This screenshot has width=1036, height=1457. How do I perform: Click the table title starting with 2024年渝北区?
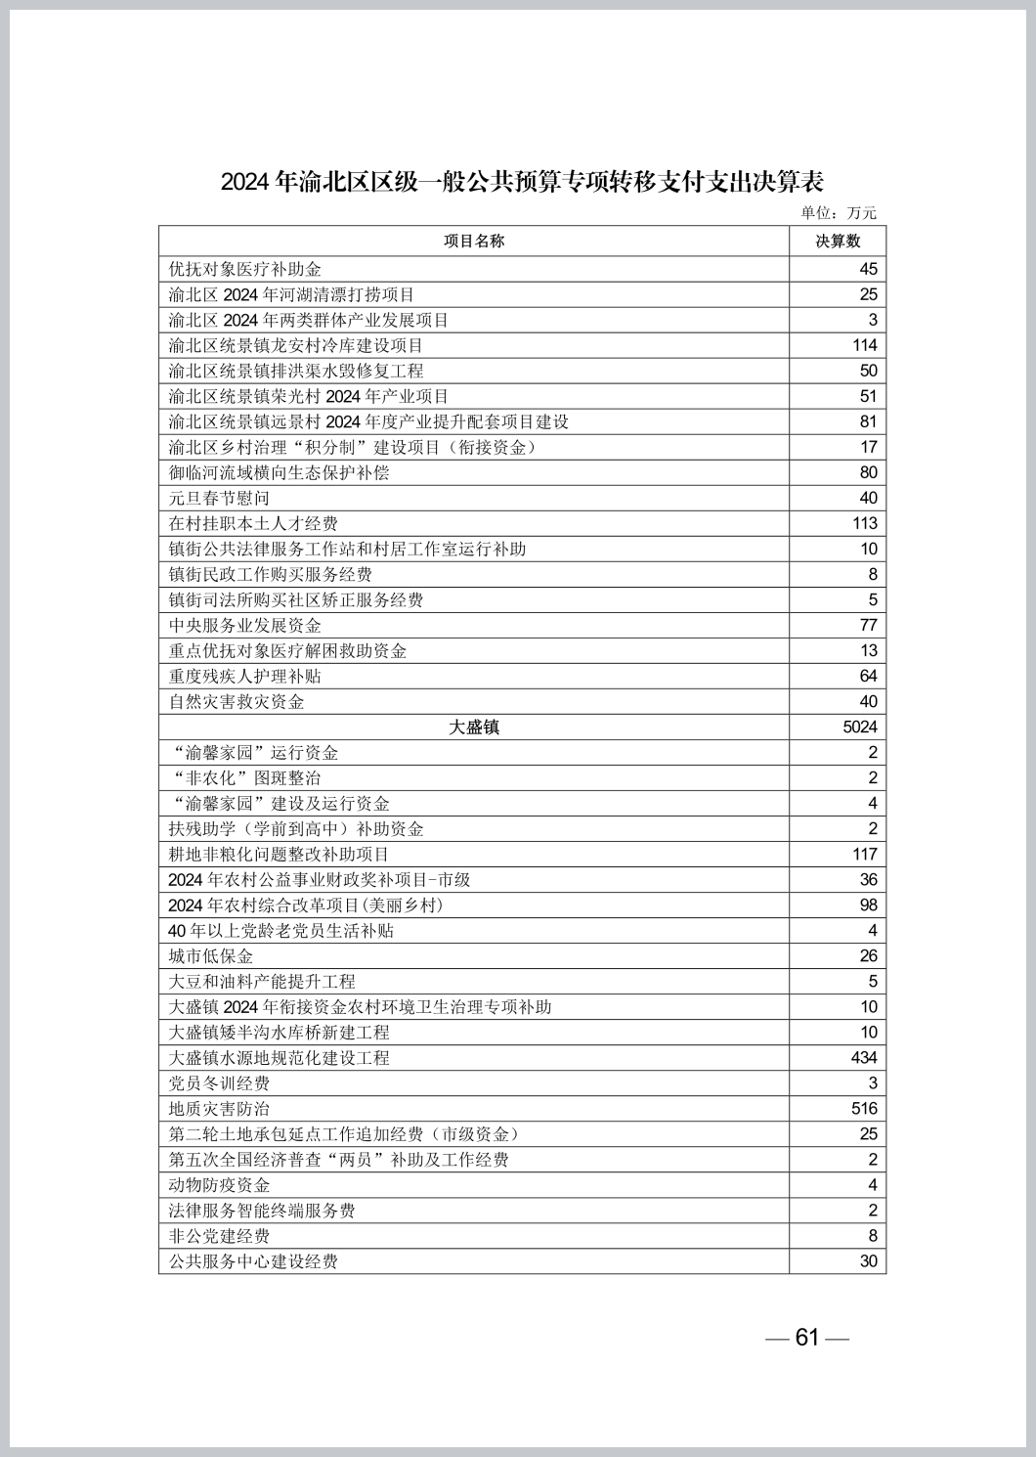pyautogui.click(x=522, y=182)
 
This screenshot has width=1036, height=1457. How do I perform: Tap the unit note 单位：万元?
pyautogui.click(x=839, y=213)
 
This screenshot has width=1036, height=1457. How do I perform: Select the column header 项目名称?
pyautogui.click(x=474, y=242)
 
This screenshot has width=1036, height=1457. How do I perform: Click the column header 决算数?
pyautogui.click(x=838, y=242)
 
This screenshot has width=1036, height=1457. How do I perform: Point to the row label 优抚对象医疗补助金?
pyautogui.click(x=245, y=269)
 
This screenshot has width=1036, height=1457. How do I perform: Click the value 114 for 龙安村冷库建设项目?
pyautogui.click(x=864, y=345)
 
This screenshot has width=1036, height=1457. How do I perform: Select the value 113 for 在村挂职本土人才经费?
pyautogui.click(x=864, y=523)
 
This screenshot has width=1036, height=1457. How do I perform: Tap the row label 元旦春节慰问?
pyautogui.click(x=219, y=498)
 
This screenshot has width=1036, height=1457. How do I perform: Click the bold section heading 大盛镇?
pyautogui.click(x=474, y=727)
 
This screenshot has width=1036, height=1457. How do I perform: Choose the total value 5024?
pyautogui.click(x=860, y=727)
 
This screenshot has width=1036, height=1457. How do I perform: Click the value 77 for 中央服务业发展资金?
pyautogui.click(x=868, y=625)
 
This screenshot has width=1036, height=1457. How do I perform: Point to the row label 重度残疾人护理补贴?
pyautogui.click(x=245, y=676)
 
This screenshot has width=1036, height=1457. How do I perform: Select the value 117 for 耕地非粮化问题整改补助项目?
pyautogui.click(x=864, y=854)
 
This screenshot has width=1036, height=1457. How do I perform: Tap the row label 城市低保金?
pyautogui.click(x=211, y=955)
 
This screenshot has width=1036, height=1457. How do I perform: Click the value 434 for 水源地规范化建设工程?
pyautogui.click(x=864, y=1057)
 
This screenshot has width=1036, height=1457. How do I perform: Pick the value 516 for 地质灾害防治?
pyautogui.click(x=864, y=1108)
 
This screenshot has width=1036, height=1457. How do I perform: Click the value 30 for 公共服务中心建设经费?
pyautogui.click(x=868, y=1260)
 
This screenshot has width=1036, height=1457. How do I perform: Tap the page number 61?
pyautogui.click(x=807, y=1337)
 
